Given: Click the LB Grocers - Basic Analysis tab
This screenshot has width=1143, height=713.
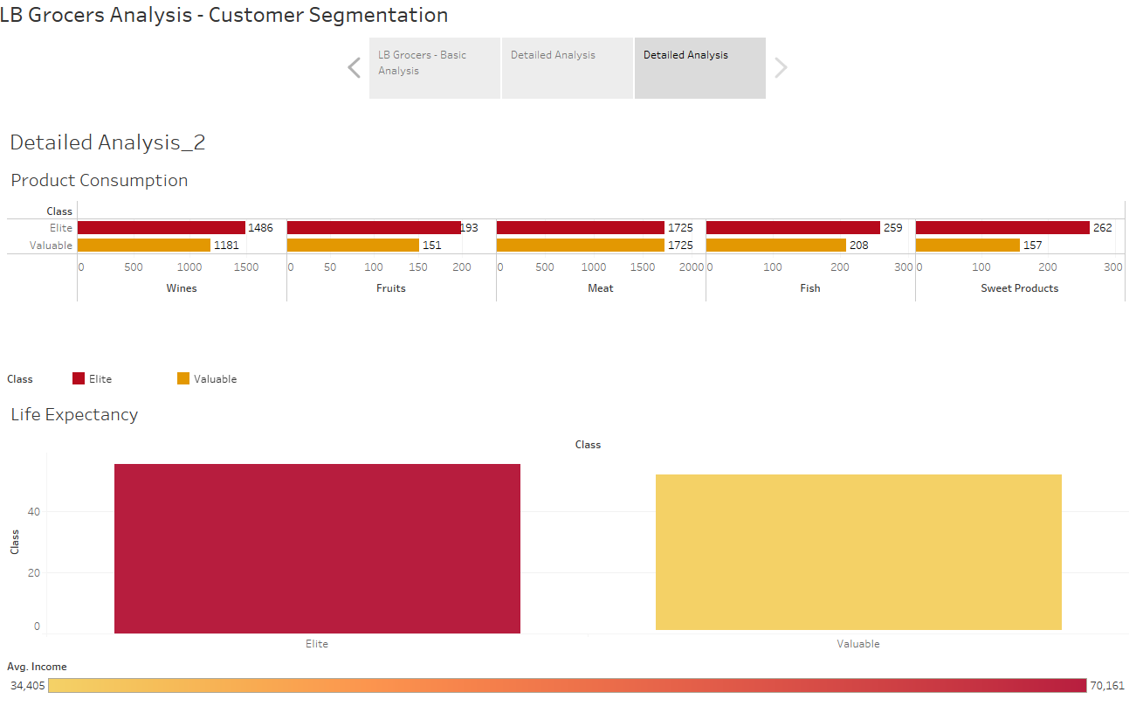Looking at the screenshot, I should pos(434,67).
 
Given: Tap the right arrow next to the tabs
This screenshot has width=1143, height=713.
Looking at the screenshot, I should pos(781,67).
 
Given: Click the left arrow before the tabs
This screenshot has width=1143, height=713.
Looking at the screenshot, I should pos(354,67).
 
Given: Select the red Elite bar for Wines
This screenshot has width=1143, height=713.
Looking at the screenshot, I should pos(162,228).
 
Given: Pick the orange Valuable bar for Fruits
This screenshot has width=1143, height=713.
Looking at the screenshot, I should pos(353,246).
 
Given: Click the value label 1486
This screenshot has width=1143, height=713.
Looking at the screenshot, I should pos(260,228).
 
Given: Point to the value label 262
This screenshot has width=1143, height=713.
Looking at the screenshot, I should pos(1103,228).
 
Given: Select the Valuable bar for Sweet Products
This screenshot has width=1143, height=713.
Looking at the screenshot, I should pos(967,246).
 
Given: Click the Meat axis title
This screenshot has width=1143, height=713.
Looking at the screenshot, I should pos(601,288).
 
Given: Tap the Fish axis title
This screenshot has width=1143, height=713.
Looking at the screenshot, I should pos(810,288).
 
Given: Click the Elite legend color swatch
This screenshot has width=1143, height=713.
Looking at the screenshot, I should pos(79,378).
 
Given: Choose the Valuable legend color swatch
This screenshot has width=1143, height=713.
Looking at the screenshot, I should pos(183,378).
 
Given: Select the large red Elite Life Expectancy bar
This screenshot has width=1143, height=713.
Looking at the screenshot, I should pos(317,548).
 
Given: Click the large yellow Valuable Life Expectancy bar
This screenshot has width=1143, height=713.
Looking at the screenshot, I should pos(858,552).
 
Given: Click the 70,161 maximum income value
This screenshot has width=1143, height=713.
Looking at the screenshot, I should pos(1107,686).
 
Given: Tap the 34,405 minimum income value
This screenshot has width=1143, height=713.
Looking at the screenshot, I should pos(28,686).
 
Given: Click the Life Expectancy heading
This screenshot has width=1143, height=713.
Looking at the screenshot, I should pos(74,415).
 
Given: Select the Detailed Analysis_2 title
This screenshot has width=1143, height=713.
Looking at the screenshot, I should pos(107,143).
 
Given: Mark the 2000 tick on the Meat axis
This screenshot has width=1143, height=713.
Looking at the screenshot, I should pos(691,267).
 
